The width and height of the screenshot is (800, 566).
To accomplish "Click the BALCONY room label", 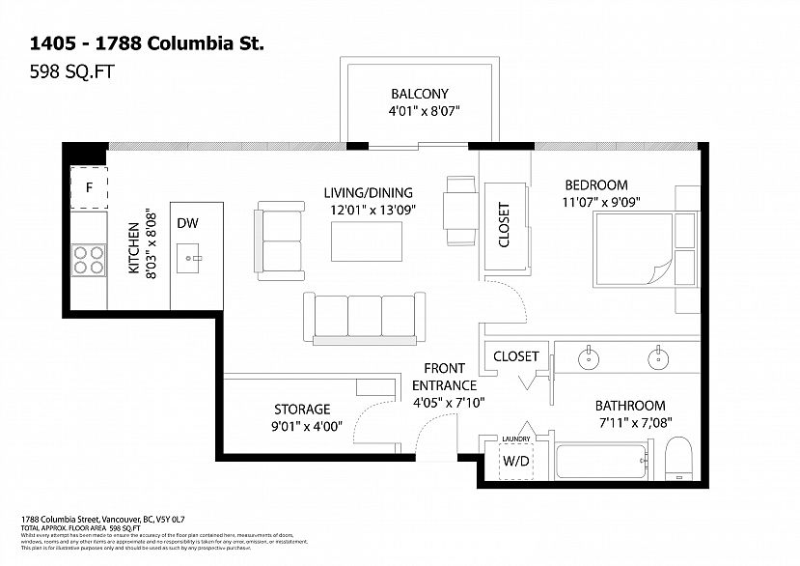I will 420,94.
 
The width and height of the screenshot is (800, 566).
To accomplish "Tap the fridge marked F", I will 89,187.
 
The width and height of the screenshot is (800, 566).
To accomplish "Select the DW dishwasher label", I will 187,223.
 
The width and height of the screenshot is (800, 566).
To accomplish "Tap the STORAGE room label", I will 301,410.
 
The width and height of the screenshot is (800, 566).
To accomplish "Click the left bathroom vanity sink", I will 588,357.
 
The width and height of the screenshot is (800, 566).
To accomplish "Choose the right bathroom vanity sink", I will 657,357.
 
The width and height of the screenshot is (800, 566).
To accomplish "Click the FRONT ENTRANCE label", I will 444,377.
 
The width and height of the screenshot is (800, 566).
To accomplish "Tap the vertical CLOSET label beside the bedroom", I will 504,224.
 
